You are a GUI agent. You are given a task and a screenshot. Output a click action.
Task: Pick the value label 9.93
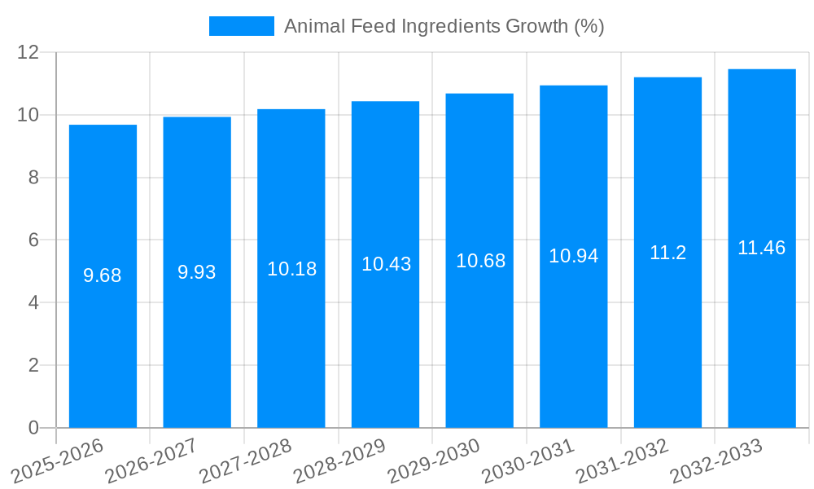tap(197, 272)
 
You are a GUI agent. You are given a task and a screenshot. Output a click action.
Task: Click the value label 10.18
tap(291, 269)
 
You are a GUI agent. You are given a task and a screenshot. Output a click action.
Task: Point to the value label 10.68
tap(480, 261)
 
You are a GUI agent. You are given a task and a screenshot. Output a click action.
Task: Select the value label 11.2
tap(667, 253)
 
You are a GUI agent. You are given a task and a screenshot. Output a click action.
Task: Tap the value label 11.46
tap(761, 248)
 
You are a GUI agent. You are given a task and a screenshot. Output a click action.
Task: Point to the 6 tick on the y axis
tap(33, 240)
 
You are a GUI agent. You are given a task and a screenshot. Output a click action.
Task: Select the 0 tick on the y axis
tap(33, 428)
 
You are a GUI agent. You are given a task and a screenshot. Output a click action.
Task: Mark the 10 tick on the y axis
tap(28, 115)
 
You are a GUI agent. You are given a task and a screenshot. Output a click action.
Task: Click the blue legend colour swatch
tap(241, 26)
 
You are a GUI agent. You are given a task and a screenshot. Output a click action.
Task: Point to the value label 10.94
tap(573, 256)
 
